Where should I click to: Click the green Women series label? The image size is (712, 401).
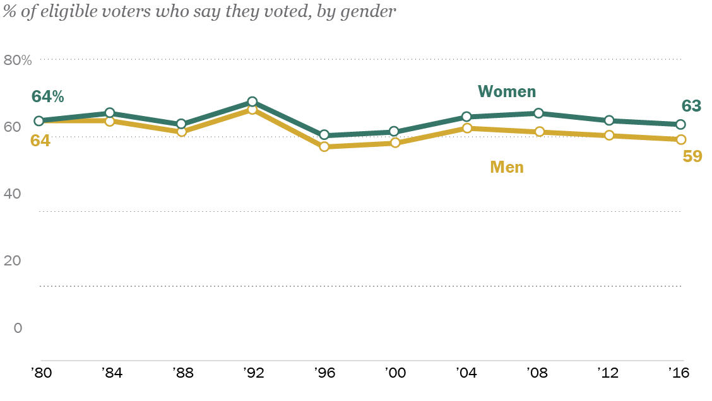tap(507, 91)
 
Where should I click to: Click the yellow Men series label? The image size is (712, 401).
tap(507, 167)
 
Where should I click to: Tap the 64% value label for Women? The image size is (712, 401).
tap(48, 96)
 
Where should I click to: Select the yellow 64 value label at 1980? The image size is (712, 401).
tap(40, 140)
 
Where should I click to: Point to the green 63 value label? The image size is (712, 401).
tap(692, 106)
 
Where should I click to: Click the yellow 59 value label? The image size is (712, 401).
tap(692, 156)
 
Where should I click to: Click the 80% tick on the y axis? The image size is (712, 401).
tap(18, 61)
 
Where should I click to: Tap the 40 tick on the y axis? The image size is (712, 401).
tap(13, 194)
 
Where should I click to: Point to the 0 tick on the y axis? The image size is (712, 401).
tap(18, 328)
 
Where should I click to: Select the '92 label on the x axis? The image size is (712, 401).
tap(252, 373)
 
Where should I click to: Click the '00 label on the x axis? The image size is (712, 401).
tap(395, 373)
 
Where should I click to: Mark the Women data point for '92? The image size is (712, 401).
tap(252, 102)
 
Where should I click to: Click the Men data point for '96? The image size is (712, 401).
tap(324, 146)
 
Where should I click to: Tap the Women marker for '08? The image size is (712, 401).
tap(538, 113)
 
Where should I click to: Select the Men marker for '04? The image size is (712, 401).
tap(467, 128)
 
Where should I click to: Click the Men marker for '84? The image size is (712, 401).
tap(109, 121)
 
